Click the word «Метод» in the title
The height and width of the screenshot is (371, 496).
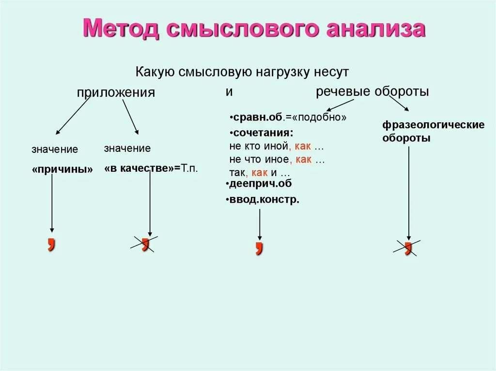[124, 29]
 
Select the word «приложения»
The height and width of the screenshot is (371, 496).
[116, 92]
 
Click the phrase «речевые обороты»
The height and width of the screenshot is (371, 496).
[372, 91]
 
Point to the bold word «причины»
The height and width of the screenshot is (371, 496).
[62, 169]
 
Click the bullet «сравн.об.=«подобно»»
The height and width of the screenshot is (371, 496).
[288, 118]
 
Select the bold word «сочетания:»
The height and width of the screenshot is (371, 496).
[262, 132]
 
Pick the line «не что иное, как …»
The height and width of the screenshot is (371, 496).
[277, 159]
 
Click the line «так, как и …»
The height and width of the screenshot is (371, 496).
[260, 172]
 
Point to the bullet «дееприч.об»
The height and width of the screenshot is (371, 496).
[259, 184]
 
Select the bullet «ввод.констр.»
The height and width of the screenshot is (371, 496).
[263, 199]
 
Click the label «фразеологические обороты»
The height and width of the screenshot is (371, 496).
[434, 131]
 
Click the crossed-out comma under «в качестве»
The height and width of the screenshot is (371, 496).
[144, 243]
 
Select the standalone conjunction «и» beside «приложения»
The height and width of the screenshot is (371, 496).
[229, 91]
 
